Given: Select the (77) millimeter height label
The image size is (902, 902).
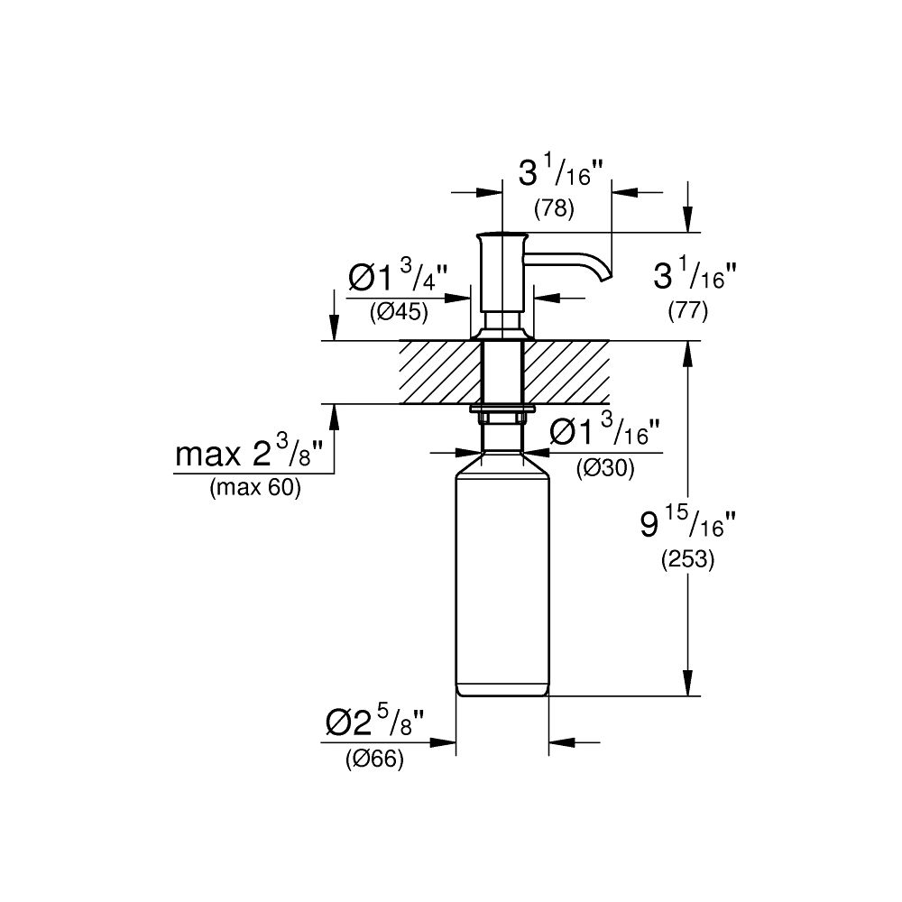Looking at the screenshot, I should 687,312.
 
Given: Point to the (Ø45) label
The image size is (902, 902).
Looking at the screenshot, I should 398,312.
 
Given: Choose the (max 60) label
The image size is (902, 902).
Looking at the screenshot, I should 254,489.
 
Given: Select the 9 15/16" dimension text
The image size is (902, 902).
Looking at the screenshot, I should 688,523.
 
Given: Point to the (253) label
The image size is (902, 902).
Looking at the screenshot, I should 687,559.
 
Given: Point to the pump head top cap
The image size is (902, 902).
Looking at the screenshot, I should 502,236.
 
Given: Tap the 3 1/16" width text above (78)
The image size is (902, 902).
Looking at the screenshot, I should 555,173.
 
